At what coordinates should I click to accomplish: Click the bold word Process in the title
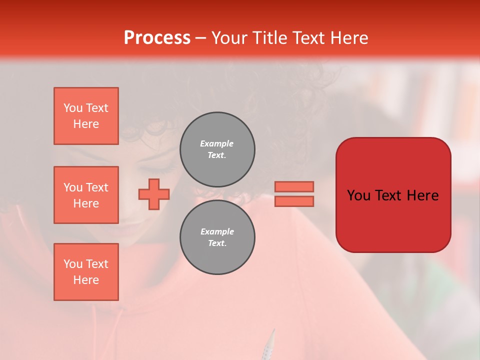point(157,37)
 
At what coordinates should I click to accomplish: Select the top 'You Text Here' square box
point(86,116)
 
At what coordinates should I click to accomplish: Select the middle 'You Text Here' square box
point(86,195)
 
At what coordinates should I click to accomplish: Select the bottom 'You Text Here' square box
point(86,272)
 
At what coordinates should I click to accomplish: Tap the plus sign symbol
point(154,194)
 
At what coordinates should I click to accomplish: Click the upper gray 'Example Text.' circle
point(217,149)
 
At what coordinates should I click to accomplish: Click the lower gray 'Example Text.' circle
point(217,237)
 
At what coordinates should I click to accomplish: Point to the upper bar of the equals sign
point(294,186)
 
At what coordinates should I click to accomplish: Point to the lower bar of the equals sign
point(294,201)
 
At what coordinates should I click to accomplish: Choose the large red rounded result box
point(393,195)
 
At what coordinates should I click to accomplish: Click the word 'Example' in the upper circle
point(217,143)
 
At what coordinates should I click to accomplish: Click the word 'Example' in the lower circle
point(217,231)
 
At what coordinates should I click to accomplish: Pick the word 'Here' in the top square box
point(86,124)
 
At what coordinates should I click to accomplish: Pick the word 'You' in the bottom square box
point(72,264)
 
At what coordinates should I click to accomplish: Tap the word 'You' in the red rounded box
point(358,195)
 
